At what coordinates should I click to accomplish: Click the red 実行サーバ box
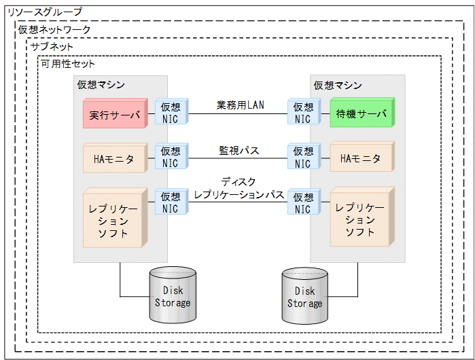[114, 114]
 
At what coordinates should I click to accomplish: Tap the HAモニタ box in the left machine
[114, 158]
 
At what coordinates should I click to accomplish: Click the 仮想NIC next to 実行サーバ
[171, 113]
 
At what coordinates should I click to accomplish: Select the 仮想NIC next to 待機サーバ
[303, 113]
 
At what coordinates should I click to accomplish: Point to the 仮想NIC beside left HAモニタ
[171, 158]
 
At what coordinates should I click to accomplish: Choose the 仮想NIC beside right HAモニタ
[303, 158]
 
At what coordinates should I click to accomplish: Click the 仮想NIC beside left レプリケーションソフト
[171, 202]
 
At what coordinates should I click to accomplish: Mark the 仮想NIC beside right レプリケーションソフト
[303, 202]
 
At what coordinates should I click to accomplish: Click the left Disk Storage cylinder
[173, 295]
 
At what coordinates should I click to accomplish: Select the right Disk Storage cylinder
[304, 295]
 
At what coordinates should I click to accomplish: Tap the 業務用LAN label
[241, 105]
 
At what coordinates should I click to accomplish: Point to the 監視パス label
[239, 150]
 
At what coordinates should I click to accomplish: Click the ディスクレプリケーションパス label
[239, 189]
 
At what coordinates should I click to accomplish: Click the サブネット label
[52, 46]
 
